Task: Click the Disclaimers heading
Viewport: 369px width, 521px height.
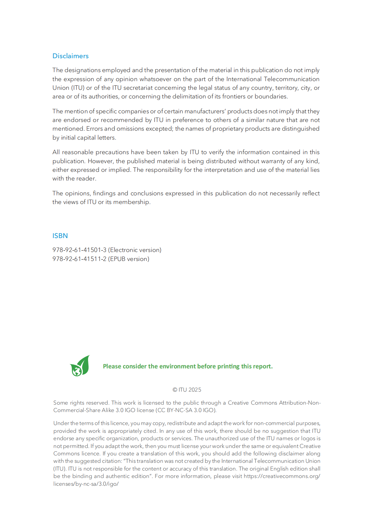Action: click(x=70, y=56)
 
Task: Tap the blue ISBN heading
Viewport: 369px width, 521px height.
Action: click(x=60, y=236)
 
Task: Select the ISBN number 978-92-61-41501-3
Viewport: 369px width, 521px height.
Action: click(x=79, y=250)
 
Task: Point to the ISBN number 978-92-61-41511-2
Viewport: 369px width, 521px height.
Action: click(x=79, y=259)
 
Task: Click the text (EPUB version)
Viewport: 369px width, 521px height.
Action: click(x=129, y=259)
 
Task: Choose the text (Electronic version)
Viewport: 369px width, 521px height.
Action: click(x=135, y=250)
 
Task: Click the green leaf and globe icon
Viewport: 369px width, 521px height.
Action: click(x=80, y=366)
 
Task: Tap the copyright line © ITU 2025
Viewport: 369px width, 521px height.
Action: click(x=187, y=390)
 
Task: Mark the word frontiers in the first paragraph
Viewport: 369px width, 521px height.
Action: click(x=234, y=97)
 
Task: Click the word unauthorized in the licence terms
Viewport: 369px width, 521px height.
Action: click(x=221, y=439)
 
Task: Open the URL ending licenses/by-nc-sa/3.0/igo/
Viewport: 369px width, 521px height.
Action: click(x=86, y=484)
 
